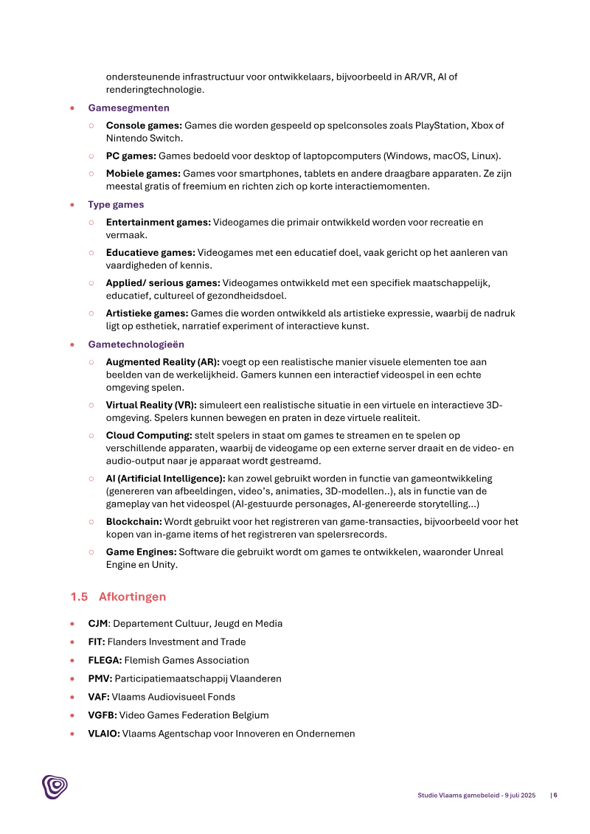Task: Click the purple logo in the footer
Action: [54, 786]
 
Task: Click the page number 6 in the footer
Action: [555, 795]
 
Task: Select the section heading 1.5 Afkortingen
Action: [118, 597]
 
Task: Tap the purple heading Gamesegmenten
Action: [128, 108]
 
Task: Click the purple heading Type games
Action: [116, 204]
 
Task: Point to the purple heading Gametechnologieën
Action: [136, 344]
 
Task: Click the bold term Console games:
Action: [144, 125]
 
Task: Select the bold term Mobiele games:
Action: [143, 173]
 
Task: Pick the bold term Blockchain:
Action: [133, 521]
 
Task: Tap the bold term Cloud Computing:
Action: [149, 435]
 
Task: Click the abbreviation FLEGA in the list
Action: [103, 660]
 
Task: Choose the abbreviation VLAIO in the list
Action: [103, 734]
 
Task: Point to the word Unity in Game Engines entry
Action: [165, 565]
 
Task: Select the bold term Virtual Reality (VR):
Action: [151, 405]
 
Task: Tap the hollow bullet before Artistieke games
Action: [91, 313]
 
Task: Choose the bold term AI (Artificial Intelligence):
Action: [165, 479]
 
